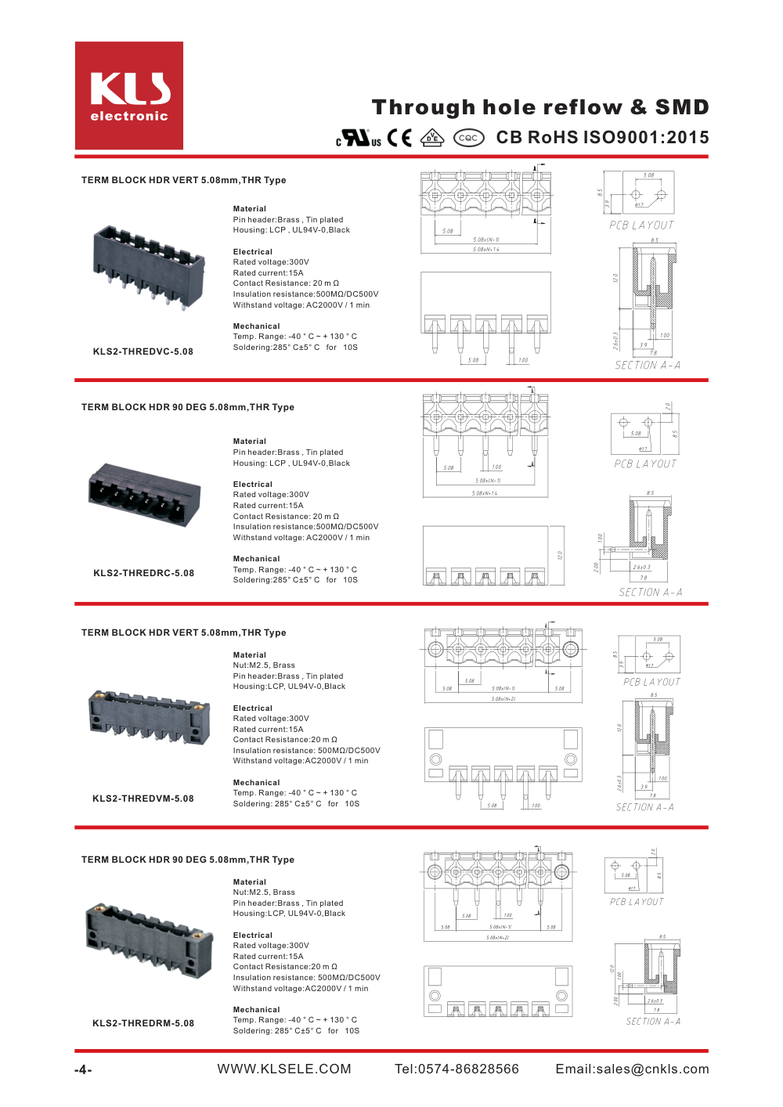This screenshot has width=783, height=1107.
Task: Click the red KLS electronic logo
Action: coord(129,96)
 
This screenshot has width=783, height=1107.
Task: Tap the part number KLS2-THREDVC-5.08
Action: coord(143,352)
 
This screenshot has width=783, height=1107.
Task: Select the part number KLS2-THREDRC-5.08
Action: coord(144,573)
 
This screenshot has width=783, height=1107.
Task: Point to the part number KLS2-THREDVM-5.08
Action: coord(143,799)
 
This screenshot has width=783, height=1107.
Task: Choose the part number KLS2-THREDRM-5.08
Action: coord(143,1023)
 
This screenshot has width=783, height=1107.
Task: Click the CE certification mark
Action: coord(399,139)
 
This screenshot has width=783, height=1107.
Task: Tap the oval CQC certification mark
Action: coord(468,138)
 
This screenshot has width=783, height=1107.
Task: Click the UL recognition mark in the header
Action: coord(359,139)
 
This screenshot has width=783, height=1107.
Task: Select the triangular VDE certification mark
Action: coord(432,138)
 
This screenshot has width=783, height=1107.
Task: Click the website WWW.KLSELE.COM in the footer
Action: coord(284,1069)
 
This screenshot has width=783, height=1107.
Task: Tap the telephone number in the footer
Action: coord(456,1069)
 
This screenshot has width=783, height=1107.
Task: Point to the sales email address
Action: coord(632,1069)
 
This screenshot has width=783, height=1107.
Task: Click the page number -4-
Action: coord(83,1070)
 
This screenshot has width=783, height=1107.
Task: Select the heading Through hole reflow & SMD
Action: coord(540,107)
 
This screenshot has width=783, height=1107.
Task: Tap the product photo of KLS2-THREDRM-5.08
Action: coord(149,939)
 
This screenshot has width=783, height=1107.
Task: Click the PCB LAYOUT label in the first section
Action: coord(641,225)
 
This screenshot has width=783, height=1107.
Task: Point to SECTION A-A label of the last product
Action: coord(653,1022)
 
